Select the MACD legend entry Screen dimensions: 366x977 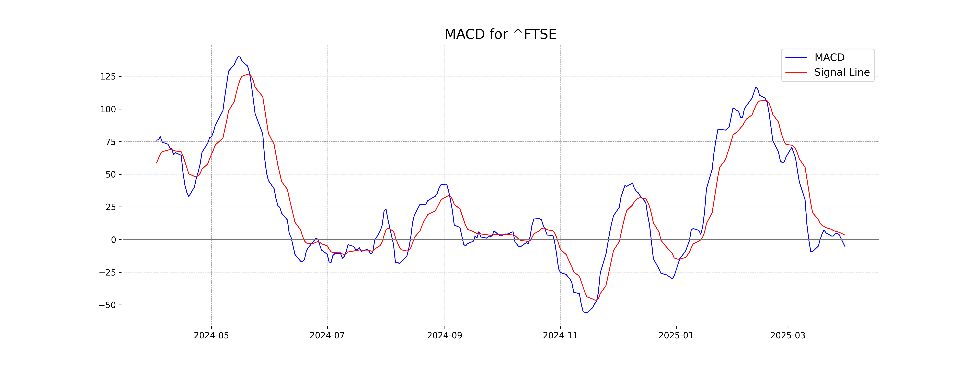coord(829,58)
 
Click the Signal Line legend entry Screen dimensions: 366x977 coord(842,72)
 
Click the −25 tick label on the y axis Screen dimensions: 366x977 coord(107,272)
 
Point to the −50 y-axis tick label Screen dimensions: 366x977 coord(107,305)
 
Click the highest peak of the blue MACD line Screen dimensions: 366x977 coord(239,57)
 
